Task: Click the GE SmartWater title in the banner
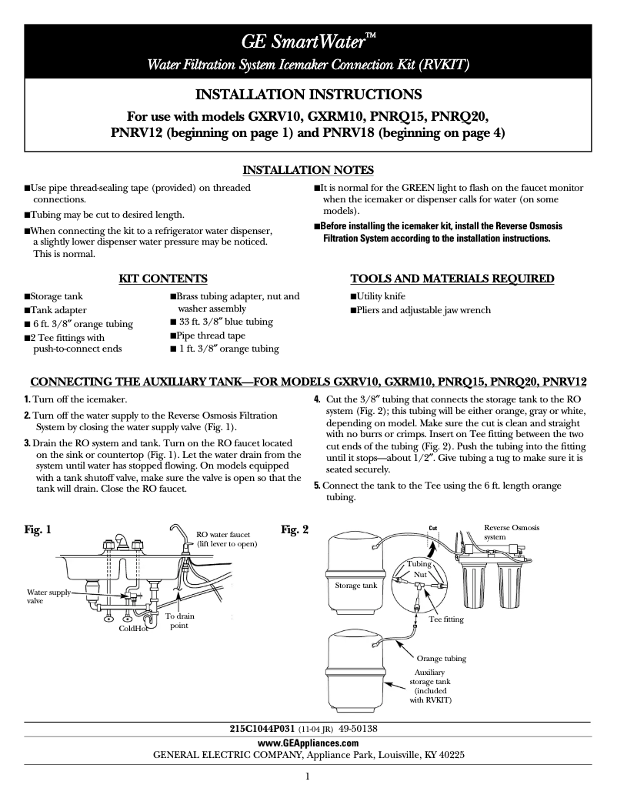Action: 308,41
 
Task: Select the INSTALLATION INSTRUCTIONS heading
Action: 308,95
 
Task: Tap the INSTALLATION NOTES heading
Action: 308,170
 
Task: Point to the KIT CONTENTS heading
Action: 162,278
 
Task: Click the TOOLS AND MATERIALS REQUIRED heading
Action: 452,278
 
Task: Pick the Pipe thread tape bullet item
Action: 210,336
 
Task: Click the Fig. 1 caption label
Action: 38,529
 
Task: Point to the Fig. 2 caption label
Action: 295,529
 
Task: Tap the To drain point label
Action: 180,621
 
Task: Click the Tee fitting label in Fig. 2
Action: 446,619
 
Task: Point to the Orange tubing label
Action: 442,659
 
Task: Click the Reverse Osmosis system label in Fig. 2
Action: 512,533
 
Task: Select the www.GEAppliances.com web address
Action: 308,743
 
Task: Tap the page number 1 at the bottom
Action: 308,776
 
